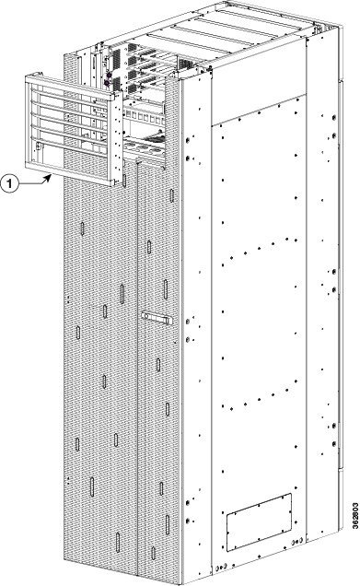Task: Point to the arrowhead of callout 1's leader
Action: pyautogui.click(x=48, y=178)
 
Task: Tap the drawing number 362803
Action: pyautogui.click(x=355, y=515)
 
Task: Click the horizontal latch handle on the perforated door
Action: pyautogui.click(x=157, y=318)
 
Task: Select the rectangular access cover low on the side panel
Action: pyautogui.click(x=259, y=522)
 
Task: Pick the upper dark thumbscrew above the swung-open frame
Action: pyautogui.click(x=109, y=76)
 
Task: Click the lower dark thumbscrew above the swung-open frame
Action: pyautogui.click(x=107, y=83)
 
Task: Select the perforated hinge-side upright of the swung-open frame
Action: pyautogui.click(x=118, y=138)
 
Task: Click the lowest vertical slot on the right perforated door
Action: pyautogui.click(x=153, y=553)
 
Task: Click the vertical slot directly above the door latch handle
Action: pyautogui.click(x=166, y=289)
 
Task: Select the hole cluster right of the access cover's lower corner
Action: pyautogui.click(x=297, y=541)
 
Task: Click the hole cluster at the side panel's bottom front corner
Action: pyautogui.click(x=221, y=568)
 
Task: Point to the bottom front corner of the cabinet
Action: pyautogui.click(x=182, y=584)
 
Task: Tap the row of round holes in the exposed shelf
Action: pyautogui.click(x=144, y=146)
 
